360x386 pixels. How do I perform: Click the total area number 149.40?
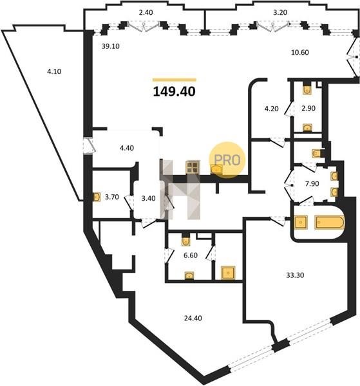175,91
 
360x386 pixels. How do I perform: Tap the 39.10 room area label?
110,46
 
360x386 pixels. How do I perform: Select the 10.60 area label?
300,53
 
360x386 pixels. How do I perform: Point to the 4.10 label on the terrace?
54,71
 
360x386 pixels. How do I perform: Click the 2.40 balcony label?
146,13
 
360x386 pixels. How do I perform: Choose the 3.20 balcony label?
280,13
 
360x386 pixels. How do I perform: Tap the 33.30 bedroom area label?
295,275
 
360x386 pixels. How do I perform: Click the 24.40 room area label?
193,318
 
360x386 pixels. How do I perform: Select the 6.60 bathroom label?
191,255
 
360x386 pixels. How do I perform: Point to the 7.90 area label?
312,184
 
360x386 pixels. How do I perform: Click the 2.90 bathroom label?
308,108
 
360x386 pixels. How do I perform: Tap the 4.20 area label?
271,109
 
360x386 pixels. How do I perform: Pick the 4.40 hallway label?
126,148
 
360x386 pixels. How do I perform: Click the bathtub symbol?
330,223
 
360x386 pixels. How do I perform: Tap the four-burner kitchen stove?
193,167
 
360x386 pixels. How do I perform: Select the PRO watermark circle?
227,160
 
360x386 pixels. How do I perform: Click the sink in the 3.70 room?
97,197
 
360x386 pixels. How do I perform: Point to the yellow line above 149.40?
175,80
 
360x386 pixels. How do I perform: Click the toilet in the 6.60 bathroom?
185,241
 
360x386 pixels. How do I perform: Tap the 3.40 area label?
148,198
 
